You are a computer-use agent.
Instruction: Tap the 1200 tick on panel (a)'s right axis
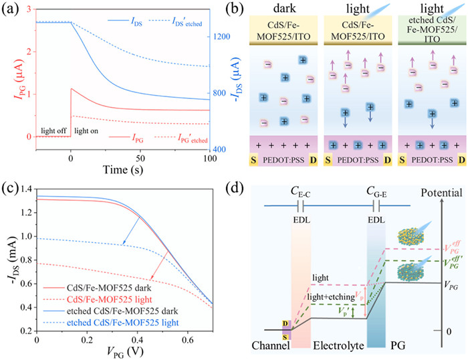click(221, 37)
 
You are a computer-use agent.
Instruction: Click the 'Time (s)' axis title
click(122, 170)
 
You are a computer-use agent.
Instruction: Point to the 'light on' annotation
click(86, 130)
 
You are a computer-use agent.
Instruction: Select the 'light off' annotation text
click(53, 130)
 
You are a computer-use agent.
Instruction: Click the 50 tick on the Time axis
click(140, 158)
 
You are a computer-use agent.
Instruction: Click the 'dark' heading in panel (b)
click(284, 8)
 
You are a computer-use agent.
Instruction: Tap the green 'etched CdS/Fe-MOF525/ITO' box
click(432, 30)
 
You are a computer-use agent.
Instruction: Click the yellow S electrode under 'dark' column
click(253, 160)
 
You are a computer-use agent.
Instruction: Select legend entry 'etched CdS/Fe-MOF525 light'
click(122, 323)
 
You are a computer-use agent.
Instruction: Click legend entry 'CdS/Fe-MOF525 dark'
click(109, 288)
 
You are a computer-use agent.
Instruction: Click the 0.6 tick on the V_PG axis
click(187, 340)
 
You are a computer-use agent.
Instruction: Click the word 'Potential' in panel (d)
click(441, 193)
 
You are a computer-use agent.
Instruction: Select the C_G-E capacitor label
click(376, 193)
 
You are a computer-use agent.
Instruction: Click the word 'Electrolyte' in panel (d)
click(338, 346)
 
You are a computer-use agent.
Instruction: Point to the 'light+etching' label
click(331, 296)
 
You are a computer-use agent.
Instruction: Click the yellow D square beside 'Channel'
click(285, 324)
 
